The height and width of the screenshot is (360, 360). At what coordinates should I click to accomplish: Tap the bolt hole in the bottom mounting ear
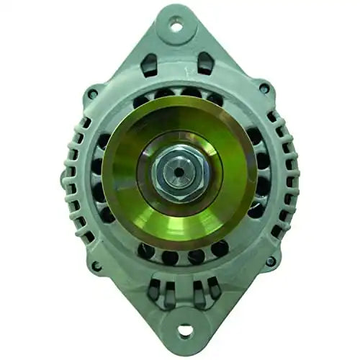[184, 330]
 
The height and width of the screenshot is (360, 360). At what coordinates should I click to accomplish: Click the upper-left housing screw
[92, 93]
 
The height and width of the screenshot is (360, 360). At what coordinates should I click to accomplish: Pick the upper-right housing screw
[265, 89]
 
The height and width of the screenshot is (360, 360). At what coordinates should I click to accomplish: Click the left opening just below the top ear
[150, 66]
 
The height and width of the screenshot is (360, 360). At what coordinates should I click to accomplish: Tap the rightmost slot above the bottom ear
[214, 289]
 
